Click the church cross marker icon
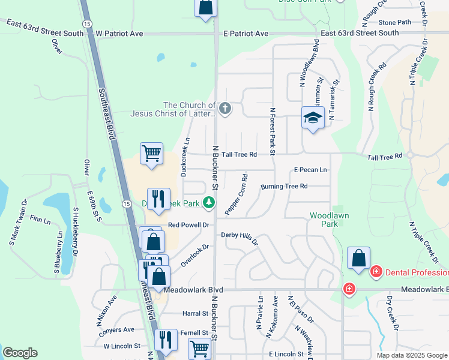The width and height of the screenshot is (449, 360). tap(224, 109)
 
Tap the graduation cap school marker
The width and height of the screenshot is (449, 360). tap(313, 117)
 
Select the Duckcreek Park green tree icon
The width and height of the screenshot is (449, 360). tap(209, 203)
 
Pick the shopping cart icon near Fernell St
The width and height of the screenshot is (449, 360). tap(199, 349)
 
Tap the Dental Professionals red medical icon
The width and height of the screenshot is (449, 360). tap(376, 272)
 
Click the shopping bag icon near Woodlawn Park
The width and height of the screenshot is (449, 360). tap(358, 258)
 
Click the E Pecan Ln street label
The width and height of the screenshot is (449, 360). tap(310, 170)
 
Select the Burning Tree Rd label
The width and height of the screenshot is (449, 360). tap(284, 187)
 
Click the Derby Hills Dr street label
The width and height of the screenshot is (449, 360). tap(240, 238)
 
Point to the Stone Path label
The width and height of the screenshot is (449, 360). tap(395, 22)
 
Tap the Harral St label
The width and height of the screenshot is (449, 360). tap(194, 313)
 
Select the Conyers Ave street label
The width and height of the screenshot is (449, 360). tap(119, 329)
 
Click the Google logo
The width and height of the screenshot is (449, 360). tap(20, 353)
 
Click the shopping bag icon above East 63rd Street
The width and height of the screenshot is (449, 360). tap(205, 7)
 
